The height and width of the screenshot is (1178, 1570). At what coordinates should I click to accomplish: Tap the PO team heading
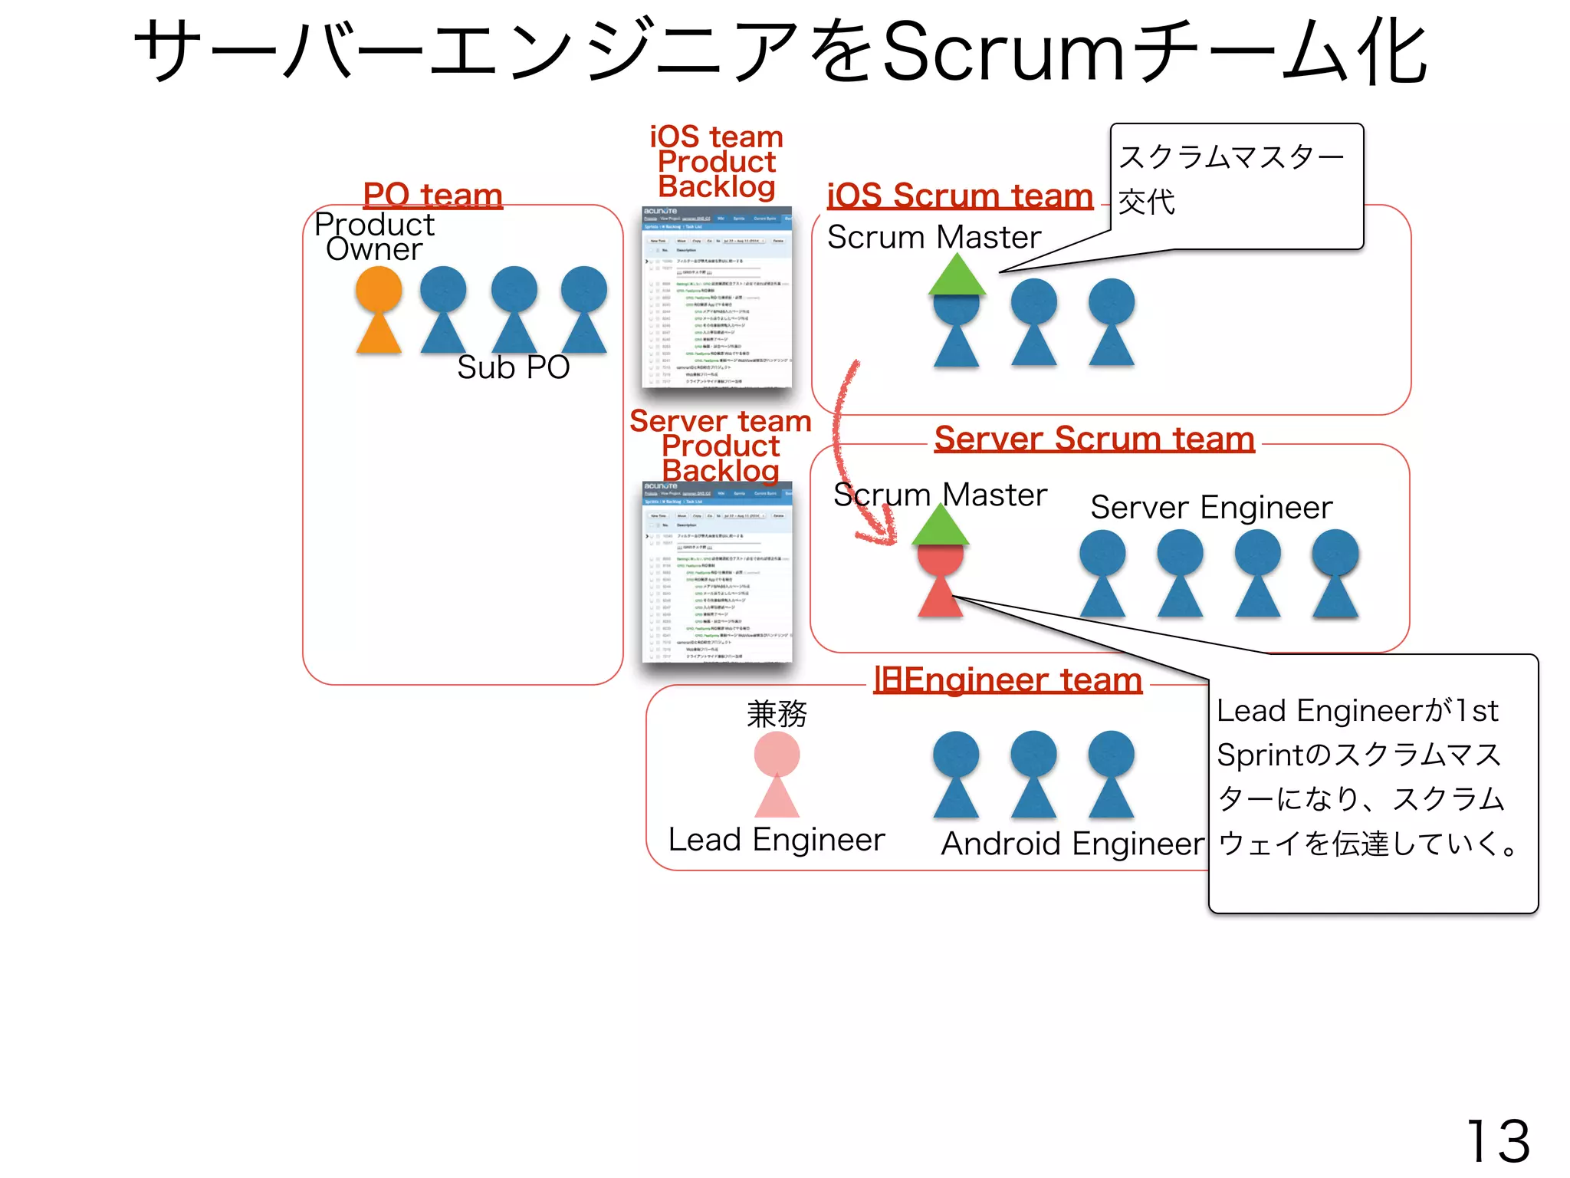(x=432, y=195)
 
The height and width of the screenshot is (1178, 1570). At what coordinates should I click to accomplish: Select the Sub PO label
(x=513, y=367)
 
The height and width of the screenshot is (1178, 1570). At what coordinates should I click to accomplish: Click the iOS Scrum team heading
(x=959, y=196)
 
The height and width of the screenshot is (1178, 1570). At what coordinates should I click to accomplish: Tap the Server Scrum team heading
(x=1094, y=439)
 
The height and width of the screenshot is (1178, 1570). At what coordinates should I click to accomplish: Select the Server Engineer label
(x=1211, y=508)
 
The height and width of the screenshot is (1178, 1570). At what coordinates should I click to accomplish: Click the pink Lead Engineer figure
(x=777, y=775)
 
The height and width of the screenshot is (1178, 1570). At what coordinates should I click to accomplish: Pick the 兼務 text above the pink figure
(x=777, y=714)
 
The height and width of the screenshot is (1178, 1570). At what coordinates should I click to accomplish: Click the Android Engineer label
(x=1072, y=844)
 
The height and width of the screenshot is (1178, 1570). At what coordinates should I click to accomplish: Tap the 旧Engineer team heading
(x=1007, y=680)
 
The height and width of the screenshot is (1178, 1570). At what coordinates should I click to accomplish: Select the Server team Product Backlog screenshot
(x=717, y=572)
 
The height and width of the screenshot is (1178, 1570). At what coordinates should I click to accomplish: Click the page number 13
(x=1498, y=1141)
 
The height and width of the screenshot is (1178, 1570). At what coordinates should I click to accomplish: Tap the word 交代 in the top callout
(x=1146, y=202)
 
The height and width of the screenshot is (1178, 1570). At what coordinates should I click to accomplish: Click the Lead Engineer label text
(x=776, y=840)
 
